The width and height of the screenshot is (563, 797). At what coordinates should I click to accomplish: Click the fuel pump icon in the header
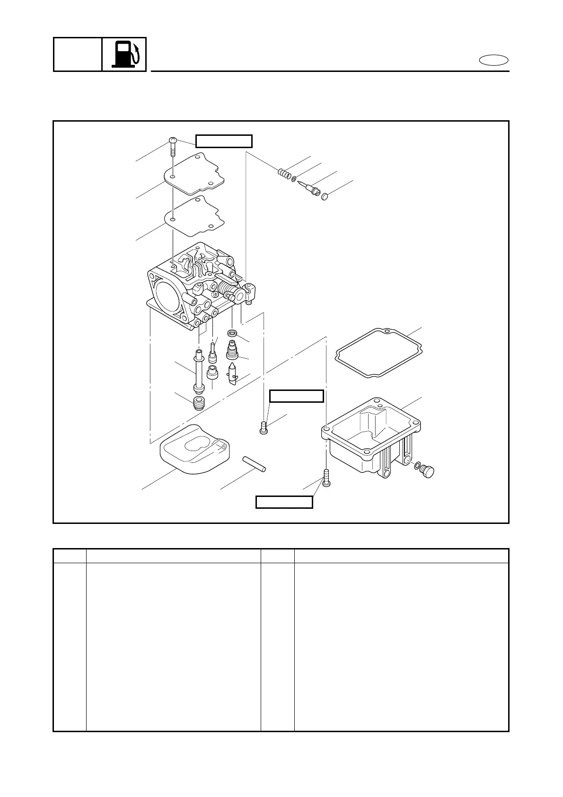tap(124, 54)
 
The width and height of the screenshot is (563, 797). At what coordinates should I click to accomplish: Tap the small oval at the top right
tap(493, 61)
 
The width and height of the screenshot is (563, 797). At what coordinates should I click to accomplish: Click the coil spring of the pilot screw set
tap(284, 173)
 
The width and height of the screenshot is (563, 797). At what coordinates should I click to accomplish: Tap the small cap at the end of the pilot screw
tap(325, 196)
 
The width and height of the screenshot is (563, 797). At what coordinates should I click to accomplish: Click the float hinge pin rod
tap(255, 464)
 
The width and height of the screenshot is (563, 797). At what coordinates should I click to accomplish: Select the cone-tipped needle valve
tap(233, 374)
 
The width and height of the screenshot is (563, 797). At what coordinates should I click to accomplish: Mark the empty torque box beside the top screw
tap(224, 141)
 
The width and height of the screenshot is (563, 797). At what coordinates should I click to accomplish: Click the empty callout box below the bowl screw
tap(284, 502)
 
